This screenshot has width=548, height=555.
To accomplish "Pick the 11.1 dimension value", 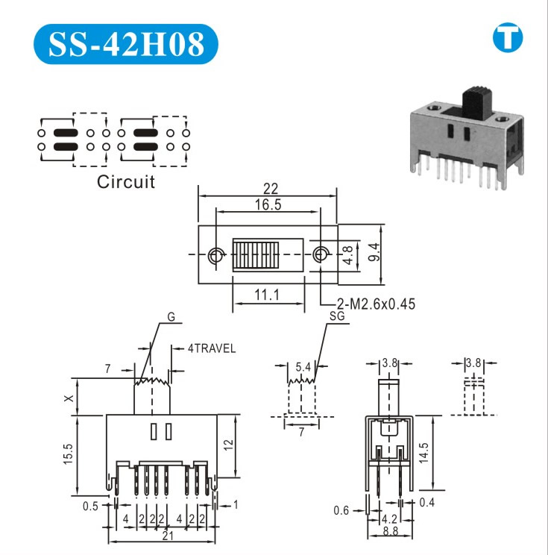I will point(267,295).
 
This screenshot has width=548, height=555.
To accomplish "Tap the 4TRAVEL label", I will point(212,348).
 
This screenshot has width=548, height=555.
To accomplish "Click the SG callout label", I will point(337,316).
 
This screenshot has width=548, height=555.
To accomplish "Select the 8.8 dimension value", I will point(388,532).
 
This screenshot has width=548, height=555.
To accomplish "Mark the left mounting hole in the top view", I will point(216,254).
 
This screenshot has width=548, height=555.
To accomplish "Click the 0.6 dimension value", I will point(341,510).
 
